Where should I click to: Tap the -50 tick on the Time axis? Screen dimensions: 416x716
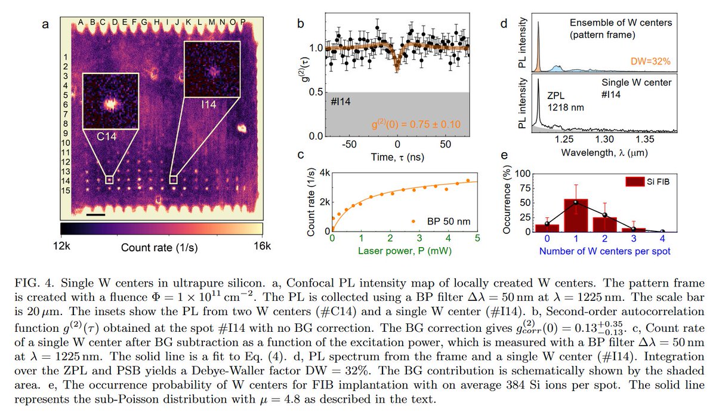[348, 145]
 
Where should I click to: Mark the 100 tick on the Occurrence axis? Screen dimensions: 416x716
[523, 174]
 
